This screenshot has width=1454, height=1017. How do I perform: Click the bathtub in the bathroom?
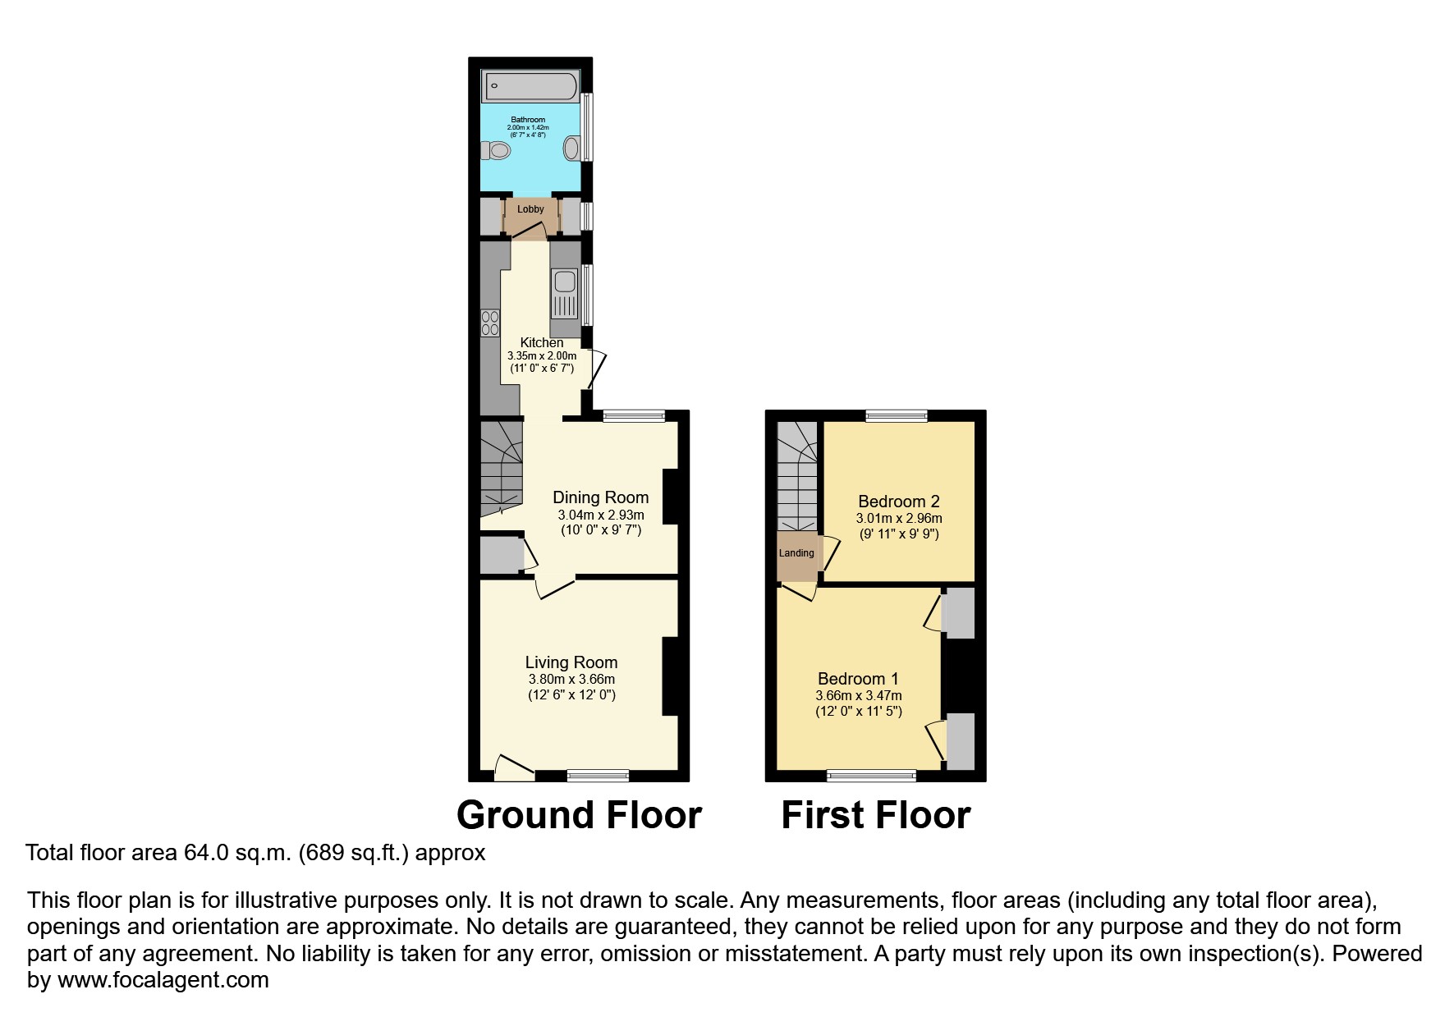pos(530,86)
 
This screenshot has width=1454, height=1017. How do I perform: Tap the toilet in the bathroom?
pos(494,151)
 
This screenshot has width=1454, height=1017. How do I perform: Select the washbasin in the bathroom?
pos(572,149)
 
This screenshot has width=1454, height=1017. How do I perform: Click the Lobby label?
pos(530,209)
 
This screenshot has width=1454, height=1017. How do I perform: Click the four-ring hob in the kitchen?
pos(490,323)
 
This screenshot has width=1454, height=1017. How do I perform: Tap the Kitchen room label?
pos(542,342)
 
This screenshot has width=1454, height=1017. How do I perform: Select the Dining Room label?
pos(600,497)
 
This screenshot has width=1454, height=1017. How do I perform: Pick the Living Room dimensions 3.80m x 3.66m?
pos(571,680)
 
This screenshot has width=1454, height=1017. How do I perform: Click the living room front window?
pos(599,775)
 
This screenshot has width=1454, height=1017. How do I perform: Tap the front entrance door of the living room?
pos(514,767)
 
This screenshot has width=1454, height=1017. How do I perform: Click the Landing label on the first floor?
pos(796,553)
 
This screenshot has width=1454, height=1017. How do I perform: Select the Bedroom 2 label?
pos(899,502)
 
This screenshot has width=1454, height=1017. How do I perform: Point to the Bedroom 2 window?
pos(897,416)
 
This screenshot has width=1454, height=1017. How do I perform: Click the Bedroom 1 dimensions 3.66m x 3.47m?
pos(859,696)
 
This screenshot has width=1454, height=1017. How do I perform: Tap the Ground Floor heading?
pos(579,815)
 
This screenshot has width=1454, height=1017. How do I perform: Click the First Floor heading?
pos(876,815)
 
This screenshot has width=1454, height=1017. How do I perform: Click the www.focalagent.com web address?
pos(163,980)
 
